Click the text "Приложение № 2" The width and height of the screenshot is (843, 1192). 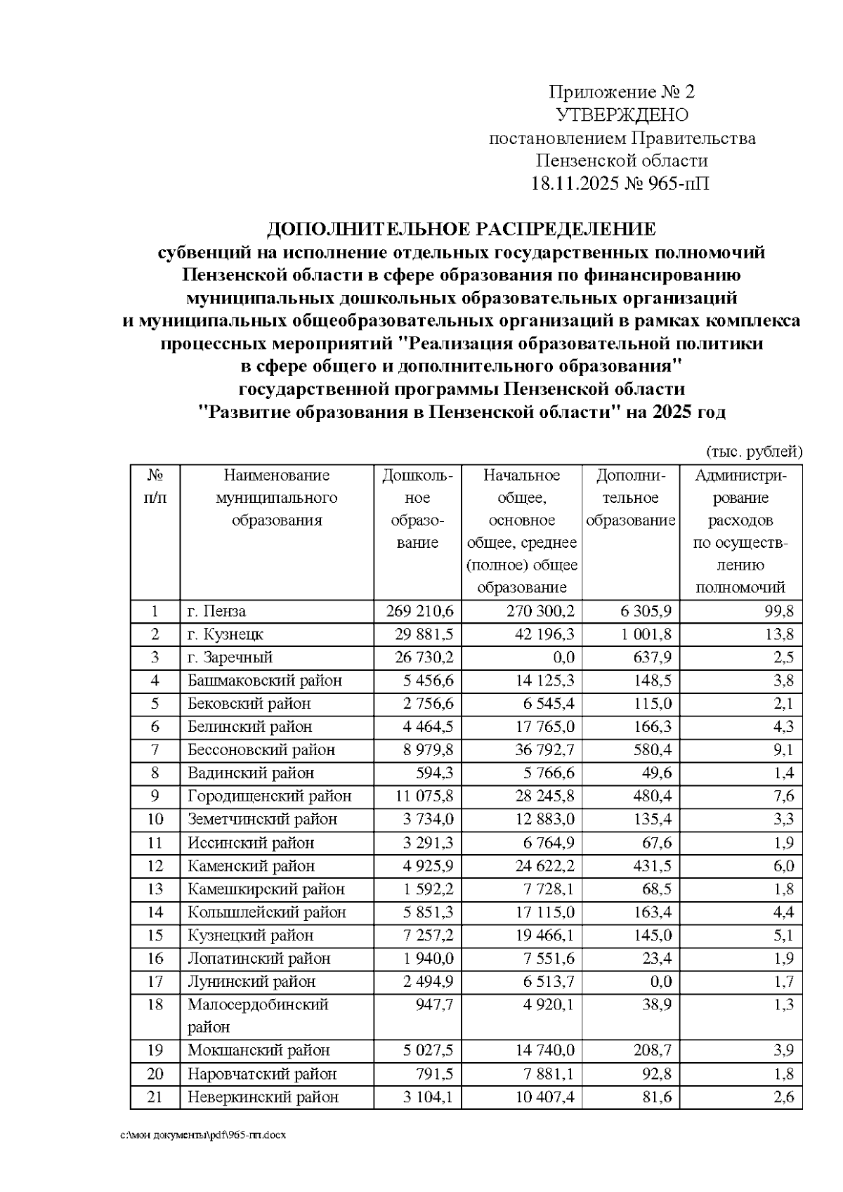tap(622, 92)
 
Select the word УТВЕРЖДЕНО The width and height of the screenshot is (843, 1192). tap(622, 115)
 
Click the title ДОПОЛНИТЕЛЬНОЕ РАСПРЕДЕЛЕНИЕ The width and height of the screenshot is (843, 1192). tap(462, 229)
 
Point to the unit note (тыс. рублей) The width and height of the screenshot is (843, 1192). tap(753, 451)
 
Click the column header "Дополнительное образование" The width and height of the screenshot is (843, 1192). tap(630, 498)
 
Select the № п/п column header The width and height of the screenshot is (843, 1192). tap(155, 487)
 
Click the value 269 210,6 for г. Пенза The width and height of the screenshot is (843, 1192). tap(420, 611)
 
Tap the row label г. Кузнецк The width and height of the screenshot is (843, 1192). tap(226, 634)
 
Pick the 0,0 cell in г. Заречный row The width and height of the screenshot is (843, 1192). tap(563, 657)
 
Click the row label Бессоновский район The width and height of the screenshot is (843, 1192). tap(261, 749)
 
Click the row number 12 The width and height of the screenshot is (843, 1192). tap(155, 865)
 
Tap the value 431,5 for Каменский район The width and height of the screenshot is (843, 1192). tap(652, 865)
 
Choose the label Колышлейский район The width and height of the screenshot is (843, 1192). tap(267, 912)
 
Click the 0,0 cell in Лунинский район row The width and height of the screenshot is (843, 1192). tap(659, 981)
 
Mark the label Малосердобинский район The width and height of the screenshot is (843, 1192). tap(258, 1015)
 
